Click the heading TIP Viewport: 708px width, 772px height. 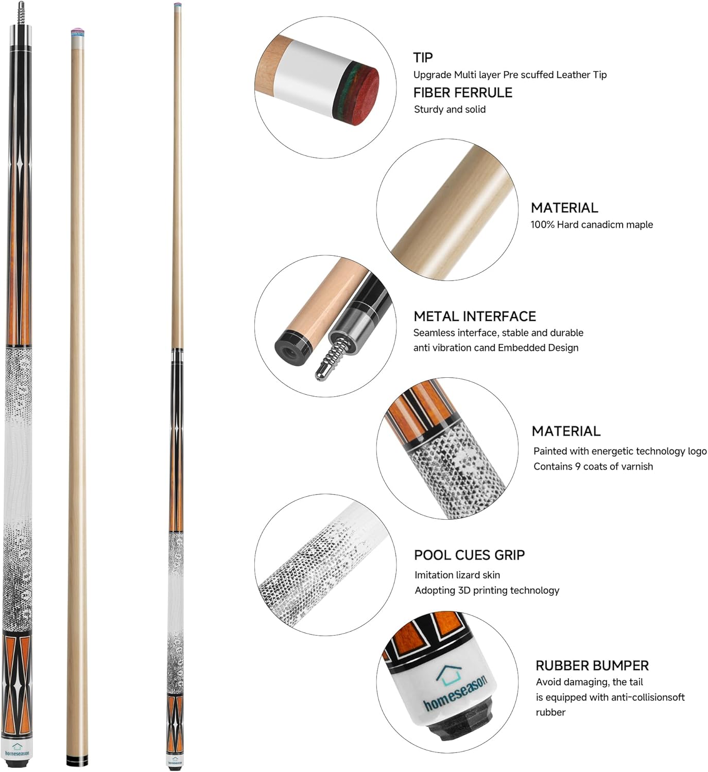pos(423,57)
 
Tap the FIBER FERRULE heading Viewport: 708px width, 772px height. pos(463,93)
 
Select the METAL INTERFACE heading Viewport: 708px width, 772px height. pos(475,316)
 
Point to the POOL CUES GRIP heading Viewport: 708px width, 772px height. pos(469,555)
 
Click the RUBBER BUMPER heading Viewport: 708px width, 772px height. pos(592,665)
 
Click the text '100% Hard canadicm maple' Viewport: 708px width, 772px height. pos(592,224)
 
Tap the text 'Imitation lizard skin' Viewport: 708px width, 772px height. pos(457,575)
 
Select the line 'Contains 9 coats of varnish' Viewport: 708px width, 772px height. pos(593,466)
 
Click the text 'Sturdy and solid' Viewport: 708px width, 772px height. pos(450,109)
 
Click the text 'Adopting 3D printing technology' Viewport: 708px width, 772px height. pos(487,590)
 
